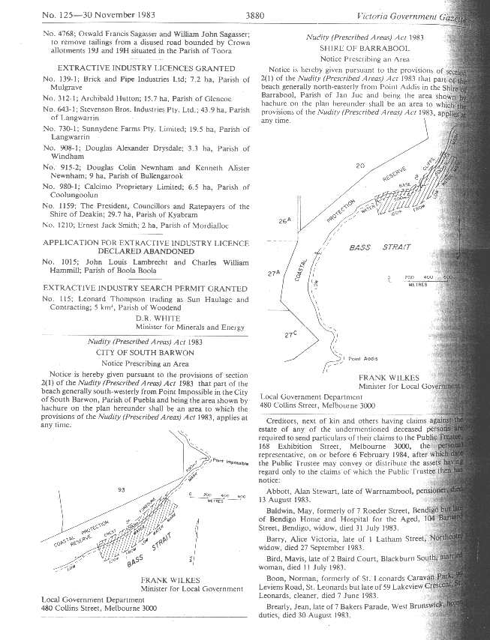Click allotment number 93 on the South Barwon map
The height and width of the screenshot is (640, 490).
120,489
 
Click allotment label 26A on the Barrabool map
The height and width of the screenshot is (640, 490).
284,221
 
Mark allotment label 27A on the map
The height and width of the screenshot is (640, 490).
274,274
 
